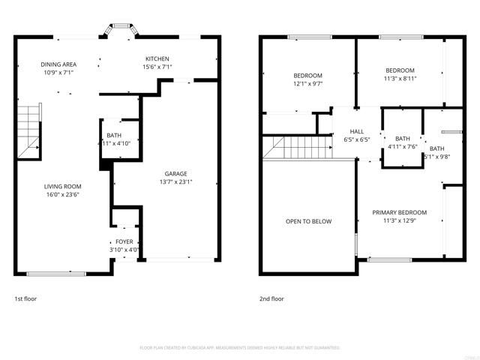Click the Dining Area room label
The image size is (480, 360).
click(x=57, y=64)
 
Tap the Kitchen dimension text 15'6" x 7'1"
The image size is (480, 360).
click(x=157, y=67)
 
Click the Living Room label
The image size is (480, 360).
click(x=61, y=186)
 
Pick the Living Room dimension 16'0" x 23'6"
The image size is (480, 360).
click(x=61, y=195)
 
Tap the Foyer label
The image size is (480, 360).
click(x=124, y=241)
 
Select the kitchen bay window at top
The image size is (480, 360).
click(x=120, y=31)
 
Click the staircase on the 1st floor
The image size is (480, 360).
click(x=28, y=131)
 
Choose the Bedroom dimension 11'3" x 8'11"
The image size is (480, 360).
click(x=400, y=79)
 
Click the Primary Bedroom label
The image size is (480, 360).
click(x=400, y=212)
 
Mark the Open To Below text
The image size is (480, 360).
click(x=307, y=221)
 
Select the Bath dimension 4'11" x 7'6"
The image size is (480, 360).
click(x=403, y=147)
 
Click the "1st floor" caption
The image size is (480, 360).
click(x=25, y=298)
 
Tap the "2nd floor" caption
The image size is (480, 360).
click(x=272, y=298)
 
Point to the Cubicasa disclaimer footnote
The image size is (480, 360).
click(x=240, y=347)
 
